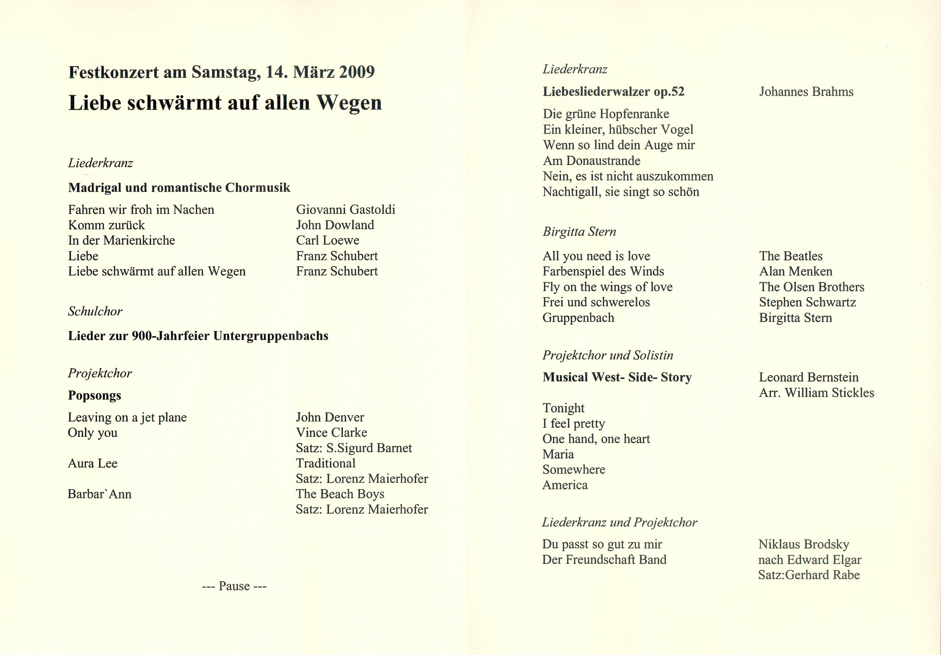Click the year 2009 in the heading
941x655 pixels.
pos(356,72)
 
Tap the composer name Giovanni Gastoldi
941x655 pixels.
pos(345,210)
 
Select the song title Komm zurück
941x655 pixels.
pos(106,225)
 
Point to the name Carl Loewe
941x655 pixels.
pos(328,240)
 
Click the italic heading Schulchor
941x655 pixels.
pos(95,312)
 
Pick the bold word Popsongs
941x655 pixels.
pos(95,396)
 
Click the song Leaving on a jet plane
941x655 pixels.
pos(127,418)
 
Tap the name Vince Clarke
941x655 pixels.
pos(331,433)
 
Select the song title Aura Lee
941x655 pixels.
pos(93,463)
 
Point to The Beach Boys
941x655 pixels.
pos(340,494)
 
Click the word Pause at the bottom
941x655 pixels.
pos(234,586)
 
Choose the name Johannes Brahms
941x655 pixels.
pos(806,92)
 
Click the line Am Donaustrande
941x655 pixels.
pos(591,161)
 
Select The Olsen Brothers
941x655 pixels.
pos(812,287)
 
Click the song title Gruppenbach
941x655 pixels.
pos(578,318)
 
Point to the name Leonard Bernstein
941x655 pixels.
pos(809,377)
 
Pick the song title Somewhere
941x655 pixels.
pos(574,470)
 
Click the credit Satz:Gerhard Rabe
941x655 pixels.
pos(809,575)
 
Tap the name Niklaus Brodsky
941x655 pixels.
pos(803,545)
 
